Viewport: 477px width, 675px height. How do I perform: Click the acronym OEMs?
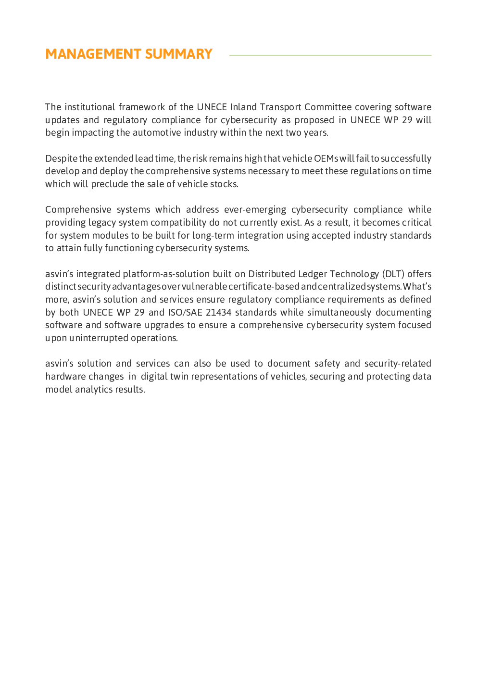coord(326,158)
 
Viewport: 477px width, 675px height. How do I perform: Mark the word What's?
coord(417,287)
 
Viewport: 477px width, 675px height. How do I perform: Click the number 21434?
coord(218,312)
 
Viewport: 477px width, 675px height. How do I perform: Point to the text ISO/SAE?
coord(185,312)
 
